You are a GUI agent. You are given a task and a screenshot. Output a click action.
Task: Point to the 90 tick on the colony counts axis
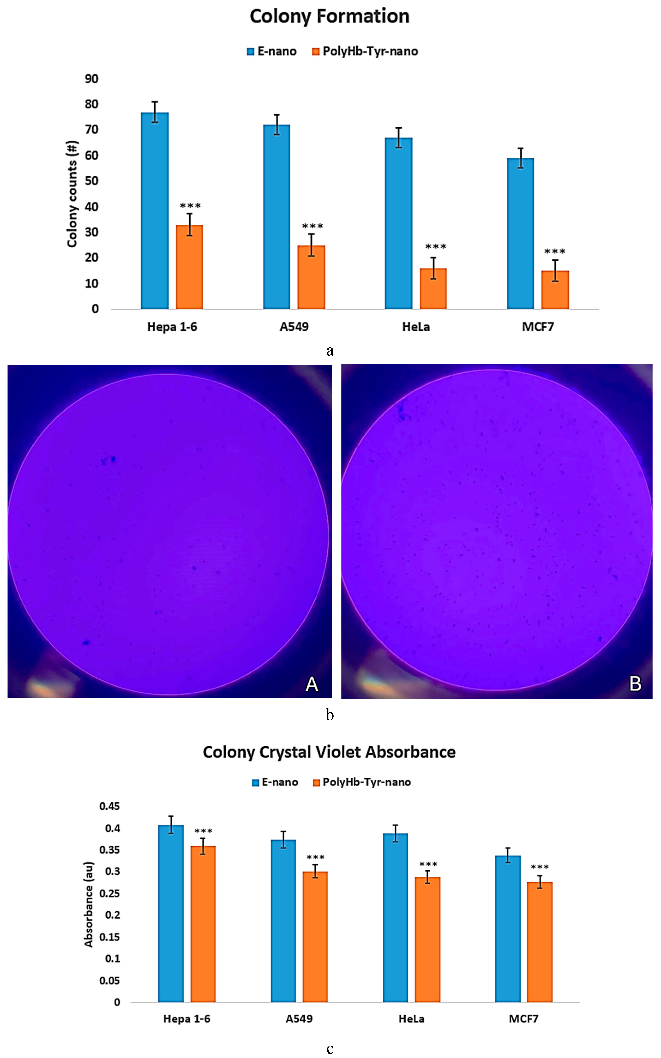click(x=91, y=79)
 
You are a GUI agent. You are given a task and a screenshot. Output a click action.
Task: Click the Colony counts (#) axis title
click(x=72, y=194)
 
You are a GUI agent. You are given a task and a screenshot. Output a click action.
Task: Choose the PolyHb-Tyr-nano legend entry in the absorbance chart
click(x=362, y=782)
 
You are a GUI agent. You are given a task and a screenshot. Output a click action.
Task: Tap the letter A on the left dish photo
click(x=312, y=683)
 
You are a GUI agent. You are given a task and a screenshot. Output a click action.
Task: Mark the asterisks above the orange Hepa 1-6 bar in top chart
click(x=190, y=206)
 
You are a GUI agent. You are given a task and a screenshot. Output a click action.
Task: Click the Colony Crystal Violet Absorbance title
click(x=329, y=752)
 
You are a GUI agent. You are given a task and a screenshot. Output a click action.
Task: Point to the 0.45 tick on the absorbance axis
click(x=109, y=806)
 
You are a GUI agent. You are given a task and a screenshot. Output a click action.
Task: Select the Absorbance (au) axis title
click(x=89, y=904)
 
